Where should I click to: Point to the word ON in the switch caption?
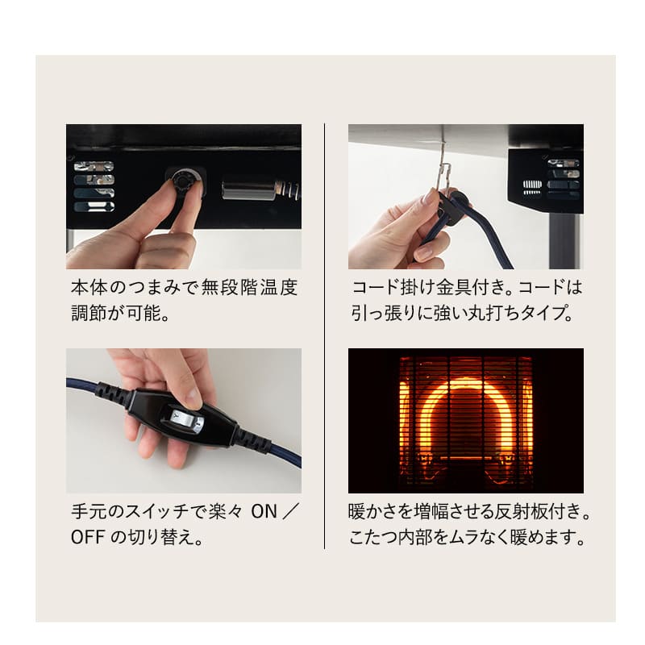coord(264,512)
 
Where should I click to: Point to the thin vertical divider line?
coord(325,335)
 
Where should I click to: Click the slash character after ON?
coord(291,512)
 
